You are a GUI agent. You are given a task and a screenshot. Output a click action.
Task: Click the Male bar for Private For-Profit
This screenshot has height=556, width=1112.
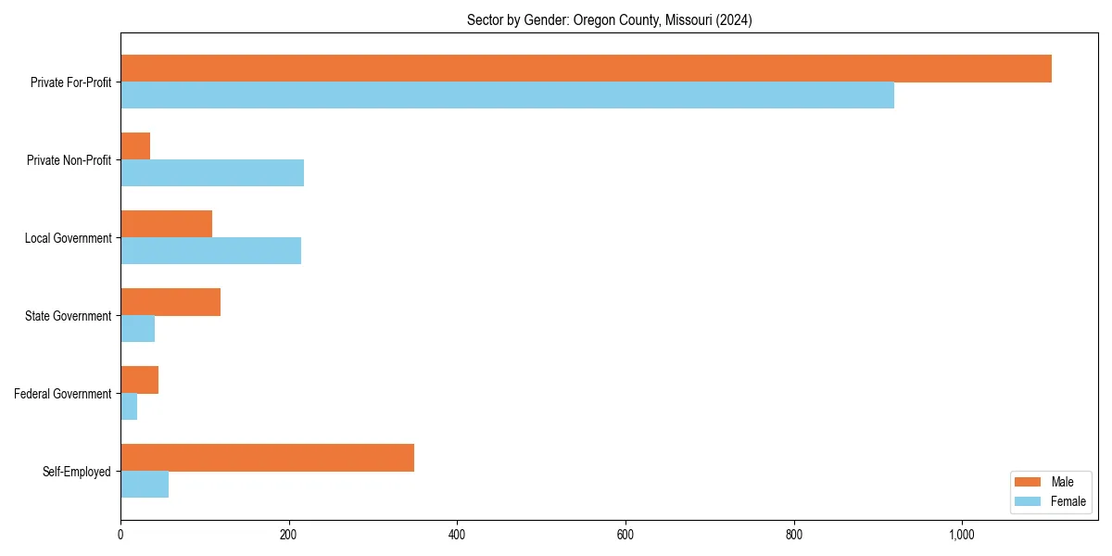pos(586,69)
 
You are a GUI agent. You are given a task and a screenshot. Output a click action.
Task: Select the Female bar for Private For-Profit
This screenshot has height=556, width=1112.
pos(507,95)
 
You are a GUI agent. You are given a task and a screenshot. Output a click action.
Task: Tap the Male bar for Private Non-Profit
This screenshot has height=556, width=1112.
pos(135,146)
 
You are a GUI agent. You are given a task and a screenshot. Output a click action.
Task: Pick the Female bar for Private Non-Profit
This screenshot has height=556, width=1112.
pos(212,173)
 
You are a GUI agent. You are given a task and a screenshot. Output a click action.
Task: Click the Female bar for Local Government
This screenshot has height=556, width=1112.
pos(210,251)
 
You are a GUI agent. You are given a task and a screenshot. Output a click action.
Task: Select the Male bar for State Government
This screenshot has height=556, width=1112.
pos(171,302)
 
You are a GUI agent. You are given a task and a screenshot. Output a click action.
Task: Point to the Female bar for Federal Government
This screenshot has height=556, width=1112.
pos(129,407)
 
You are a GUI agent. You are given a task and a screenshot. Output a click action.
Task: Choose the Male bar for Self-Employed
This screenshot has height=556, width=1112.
pos(267,458)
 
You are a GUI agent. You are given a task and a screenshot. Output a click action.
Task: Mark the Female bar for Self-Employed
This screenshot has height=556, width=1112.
pos(145,485)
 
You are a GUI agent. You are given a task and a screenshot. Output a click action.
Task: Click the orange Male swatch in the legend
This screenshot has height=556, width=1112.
pos(1029,482)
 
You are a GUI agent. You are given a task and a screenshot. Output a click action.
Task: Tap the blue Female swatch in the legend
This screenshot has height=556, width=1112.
pos(1029,501)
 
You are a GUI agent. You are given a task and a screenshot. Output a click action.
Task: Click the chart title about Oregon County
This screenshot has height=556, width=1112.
pos(609,20)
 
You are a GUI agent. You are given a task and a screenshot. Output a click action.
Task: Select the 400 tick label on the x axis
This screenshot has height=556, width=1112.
pos(457,535)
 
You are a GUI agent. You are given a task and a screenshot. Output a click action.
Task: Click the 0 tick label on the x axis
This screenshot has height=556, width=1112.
pos(120,535)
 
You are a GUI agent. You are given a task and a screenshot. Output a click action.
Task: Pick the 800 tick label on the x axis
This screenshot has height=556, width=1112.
pos(793,535)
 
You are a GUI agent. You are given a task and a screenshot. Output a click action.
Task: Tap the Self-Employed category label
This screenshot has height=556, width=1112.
pos(77,472)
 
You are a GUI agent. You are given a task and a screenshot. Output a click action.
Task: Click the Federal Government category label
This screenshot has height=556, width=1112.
pos(63,394)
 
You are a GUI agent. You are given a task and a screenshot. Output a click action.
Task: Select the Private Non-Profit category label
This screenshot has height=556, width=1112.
pos(69,160)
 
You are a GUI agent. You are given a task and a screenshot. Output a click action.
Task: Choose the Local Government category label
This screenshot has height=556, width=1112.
pos(68,238)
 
